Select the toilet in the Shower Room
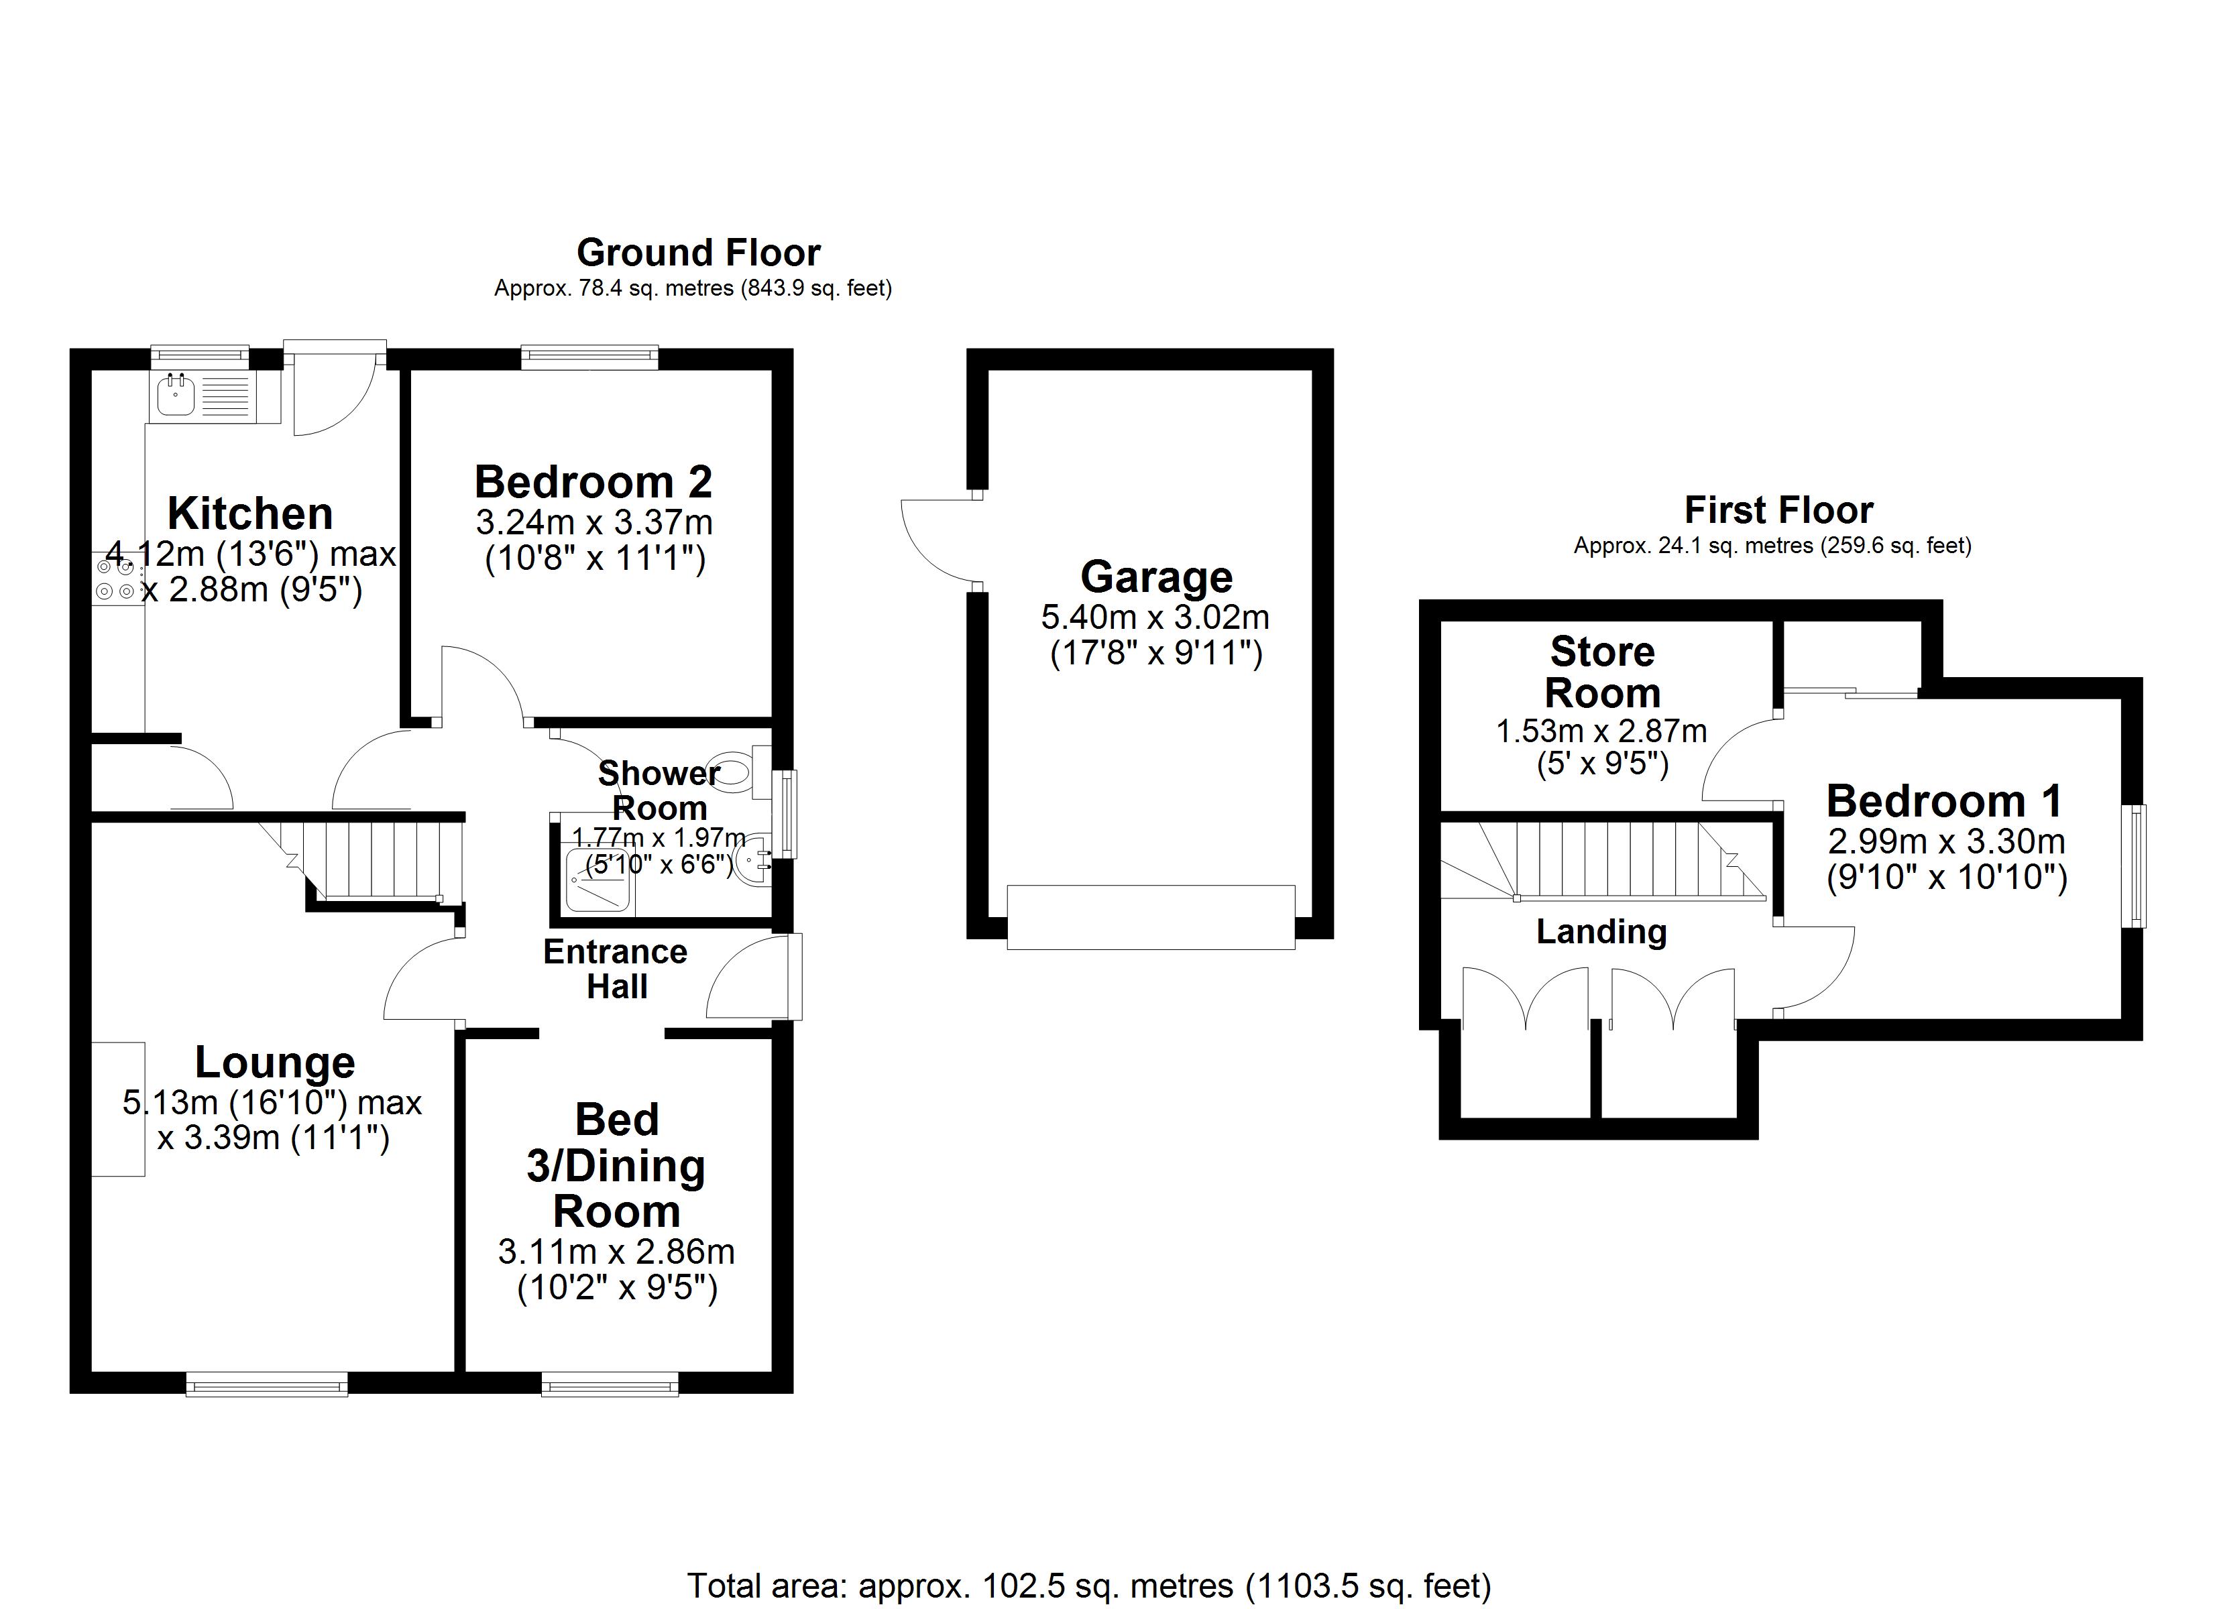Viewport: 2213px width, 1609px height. coord(735,771)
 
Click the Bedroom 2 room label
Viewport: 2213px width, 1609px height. coord(593,482)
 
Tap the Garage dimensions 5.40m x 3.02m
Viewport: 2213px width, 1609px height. coord(1155,617)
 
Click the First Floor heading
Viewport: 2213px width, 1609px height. coord(1778,510)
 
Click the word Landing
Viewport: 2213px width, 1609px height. coord(1601,932)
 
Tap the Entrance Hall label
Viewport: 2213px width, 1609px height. coord(616,969)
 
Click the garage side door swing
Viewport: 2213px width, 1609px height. coord(937,542)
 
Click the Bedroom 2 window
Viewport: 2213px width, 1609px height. coord(589,357)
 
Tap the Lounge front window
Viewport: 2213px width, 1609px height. coord(266,1384)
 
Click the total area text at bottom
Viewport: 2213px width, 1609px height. coord(1089,1586)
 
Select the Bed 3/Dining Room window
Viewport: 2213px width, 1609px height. coord(610,1384)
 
